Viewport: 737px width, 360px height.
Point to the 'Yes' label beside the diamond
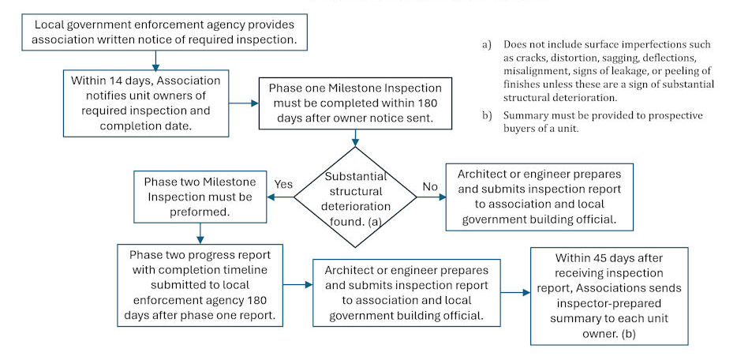[x=283, y=184]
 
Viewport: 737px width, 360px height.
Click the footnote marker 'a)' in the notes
[x=488, y=44]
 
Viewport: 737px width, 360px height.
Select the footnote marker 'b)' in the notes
[x=488, y=115]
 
